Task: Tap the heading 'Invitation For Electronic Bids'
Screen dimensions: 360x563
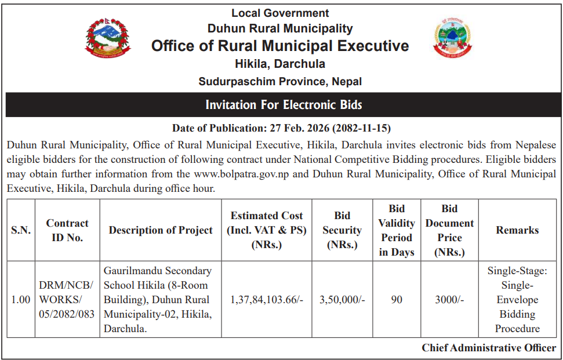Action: [284, 105]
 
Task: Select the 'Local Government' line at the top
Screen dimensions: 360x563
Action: [280, 13]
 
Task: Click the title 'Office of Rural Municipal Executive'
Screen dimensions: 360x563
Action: [280, 46]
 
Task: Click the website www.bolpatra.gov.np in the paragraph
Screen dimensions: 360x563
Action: [242, 173]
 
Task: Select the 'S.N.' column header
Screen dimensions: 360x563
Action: [21, 230]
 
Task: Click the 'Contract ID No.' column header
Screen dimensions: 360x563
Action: [67, 230]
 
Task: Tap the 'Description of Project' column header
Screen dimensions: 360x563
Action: [161, 230]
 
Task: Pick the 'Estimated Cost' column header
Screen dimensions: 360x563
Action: [267, 230]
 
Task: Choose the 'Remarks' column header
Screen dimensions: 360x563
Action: [517, 230]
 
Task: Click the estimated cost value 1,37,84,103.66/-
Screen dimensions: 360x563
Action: [267, 300]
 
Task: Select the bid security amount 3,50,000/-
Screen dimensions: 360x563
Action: [342, 300]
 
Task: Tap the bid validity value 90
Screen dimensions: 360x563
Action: [397, 300]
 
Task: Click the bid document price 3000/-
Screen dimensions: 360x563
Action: [449, 300]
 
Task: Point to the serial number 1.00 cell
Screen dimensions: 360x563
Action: [21, 300]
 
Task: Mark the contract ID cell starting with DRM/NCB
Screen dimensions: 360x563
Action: [67, 300]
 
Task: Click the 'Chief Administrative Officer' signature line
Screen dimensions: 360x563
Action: [489, 348]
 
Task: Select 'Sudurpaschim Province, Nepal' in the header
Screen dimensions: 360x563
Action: [280, 81]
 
